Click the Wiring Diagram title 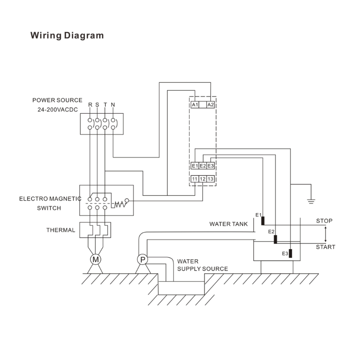[67, 36]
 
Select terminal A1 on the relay [195, 105]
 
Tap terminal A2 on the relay [210, 105]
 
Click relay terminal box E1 [195, 166]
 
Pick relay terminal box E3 [210, 166]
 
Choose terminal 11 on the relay [195, 179]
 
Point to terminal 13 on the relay [210, 179]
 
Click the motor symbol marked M [96, 259]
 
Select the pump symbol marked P [143, 259]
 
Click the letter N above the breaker [113, 105]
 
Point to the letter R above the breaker [90, 105]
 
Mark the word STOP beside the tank [324, 221]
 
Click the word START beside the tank [325, 247]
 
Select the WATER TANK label [228, 224]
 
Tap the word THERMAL [60, 230]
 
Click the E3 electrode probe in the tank [291, 253]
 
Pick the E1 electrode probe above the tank [263, 221]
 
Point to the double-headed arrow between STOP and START [325, 234]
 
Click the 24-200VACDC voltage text [58, 109]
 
